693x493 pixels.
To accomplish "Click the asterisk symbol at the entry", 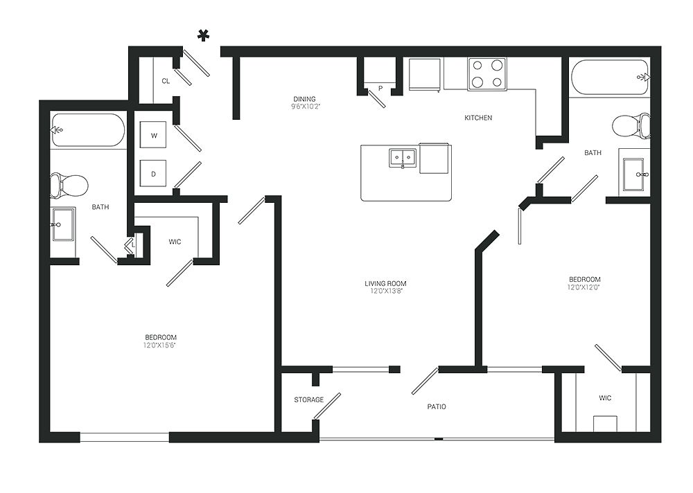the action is pos(204,36).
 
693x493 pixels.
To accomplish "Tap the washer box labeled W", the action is pos(154,136).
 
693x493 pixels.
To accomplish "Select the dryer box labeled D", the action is pos(154,174).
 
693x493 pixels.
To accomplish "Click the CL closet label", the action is pos(166,81).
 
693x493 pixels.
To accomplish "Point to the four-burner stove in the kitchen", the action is pos(486,74).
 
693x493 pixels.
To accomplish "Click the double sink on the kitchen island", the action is pos(402,158).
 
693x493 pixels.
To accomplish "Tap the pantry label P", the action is pos(380,88).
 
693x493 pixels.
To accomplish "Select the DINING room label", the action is pos(305,98).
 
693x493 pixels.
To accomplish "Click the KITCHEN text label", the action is pos(478,118).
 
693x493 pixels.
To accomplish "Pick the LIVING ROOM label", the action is pos(385,283).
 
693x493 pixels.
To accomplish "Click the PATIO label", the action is pos(436,406).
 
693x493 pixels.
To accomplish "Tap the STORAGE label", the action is pos(308,400).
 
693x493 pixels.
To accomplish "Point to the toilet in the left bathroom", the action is pos(69,186).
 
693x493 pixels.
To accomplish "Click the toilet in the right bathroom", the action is pos(631,126).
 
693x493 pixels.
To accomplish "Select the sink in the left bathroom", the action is pos(63,224).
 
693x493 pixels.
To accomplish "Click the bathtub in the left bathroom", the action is pos(87,130).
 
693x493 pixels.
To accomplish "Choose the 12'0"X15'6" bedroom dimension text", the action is pos(159,345).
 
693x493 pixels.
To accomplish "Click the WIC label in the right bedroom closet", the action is pos(604,398).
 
